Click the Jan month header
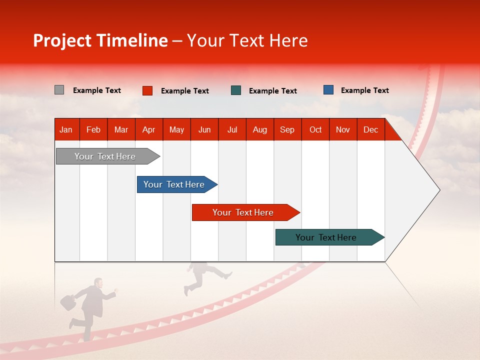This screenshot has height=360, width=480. point(66,129)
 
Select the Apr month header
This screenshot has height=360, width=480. point(148,129)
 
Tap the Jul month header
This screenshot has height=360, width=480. point(232,129)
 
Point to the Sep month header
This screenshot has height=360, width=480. point(287,129)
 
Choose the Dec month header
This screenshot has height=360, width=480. point(370,129)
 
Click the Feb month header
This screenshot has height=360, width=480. point(93,129)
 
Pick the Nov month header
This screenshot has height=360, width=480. point(343,129)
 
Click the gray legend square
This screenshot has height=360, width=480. point(59,90)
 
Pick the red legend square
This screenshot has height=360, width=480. point(147,90)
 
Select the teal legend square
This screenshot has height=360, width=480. point(236,90)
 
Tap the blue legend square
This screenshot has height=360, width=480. point(328,90)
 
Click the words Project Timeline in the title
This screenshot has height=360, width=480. point(100,40)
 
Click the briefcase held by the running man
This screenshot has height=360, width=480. point(67,302)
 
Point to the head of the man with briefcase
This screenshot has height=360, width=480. point(98,283)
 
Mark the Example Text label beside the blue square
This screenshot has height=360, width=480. point(364,90)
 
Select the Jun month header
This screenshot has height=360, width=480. point(204,129)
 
